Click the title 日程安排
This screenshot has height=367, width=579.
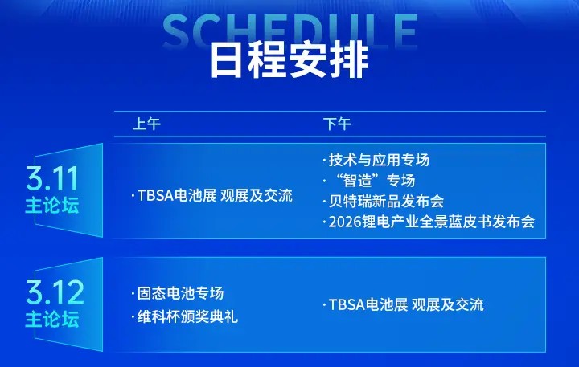[289, 60]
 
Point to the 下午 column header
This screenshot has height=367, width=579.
[336, 124]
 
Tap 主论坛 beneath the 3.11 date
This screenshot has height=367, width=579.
[51, 206]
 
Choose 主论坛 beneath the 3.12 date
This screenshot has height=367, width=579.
[51, 319]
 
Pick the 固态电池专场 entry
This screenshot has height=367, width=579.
[181, 293]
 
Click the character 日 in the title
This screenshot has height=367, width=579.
[228, 60]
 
